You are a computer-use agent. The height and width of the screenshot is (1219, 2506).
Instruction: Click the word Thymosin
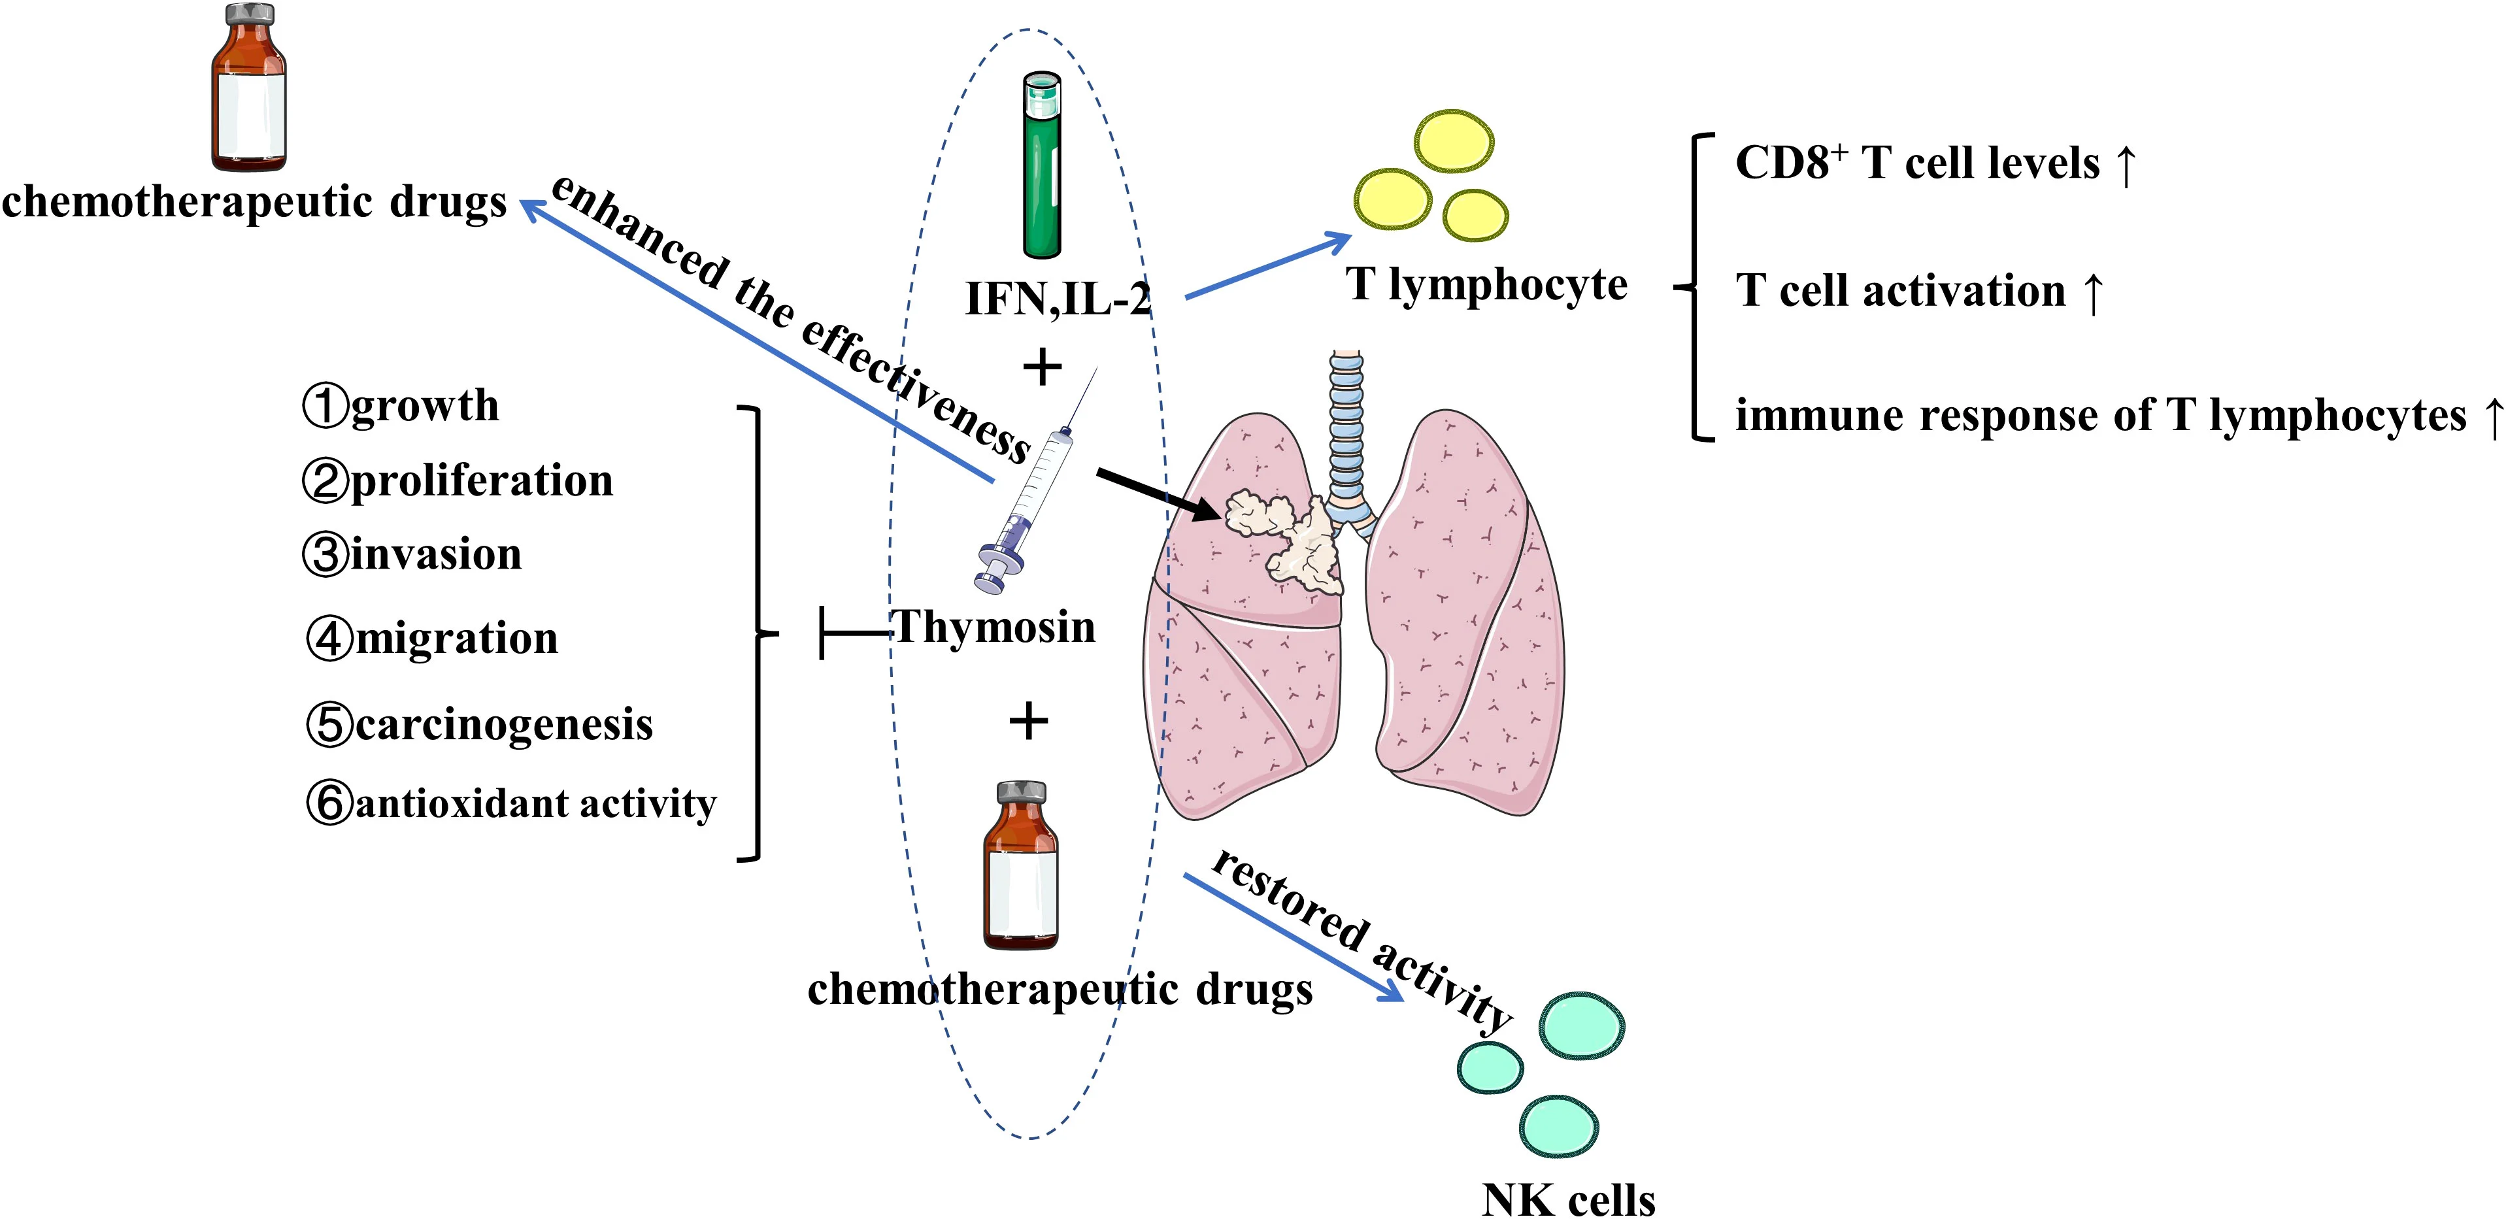coord(994,627)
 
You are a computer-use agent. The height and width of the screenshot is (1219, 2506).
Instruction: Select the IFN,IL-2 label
coord(1058,299)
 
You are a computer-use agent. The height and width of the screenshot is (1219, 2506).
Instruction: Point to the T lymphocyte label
coord(1486,284)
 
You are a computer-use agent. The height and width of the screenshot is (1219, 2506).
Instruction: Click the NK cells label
coord(1567,1199)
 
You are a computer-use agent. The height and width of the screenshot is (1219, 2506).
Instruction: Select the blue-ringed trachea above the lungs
coord(1346,428)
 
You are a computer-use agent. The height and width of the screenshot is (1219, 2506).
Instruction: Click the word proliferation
coord(482,480)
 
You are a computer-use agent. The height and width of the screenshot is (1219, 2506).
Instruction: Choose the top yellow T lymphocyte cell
coord(1454,142)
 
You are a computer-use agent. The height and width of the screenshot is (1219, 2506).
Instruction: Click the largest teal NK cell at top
coord(1581,1026)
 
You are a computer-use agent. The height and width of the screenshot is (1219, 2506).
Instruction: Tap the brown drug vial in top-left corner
coord(249,88)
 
